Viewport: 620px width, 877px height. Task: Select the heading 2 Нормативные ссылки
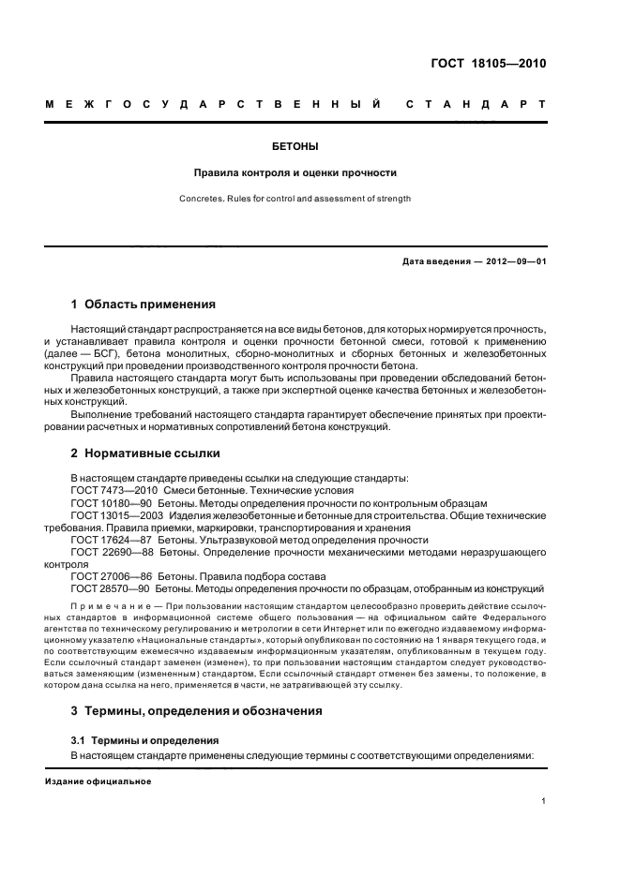(145, 453)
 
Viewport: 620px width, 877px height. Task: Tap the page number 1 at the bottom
(543, 801)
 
